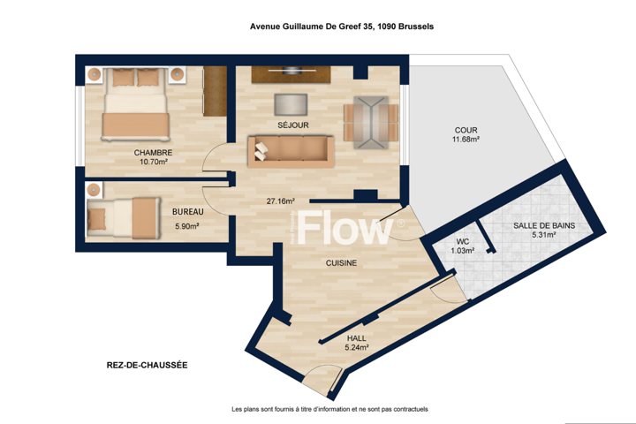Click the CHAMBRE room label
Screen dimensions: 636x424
click(x=153, y=153)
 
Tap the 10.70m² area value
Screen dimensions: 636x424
click(x=154, y=162)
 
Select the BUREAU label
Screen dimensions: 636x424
click(x=188, y=212)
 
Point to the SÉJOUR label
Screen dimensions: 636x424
click(x=293, y=125)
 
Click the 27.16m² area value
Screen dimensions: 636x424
click(x=280, y=201)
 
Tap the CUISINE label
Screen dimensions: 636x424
click(x=342, y=263)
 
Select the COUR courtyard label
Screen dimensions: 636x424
click(x=466, y=130)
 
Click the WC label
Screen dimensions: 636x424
click(x=462, y=242)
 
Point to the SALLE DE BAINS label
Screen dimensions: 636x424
click(x=544, y=225)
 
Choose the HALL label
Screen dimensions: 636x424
click(x=357, y=338)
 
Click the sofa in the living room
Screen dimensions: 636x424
click(x=291, y=151)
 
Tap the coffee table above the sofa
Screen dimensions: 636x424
click(x=291, y=105)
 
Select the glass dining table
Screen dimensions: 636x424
click(x=371, y=122)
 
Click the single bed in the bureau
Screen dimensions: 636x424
click(x=124, y=218)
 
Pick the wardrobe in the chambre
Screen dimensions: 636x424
click(x=215, y=91)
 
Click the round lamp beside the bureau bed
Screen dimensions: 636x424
click(x=94, y=190)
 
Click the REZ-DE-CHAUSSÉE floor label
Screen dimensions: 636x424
click(x=148, y=365)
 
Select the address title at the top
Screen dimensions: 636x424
click(x=342, y=26)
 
